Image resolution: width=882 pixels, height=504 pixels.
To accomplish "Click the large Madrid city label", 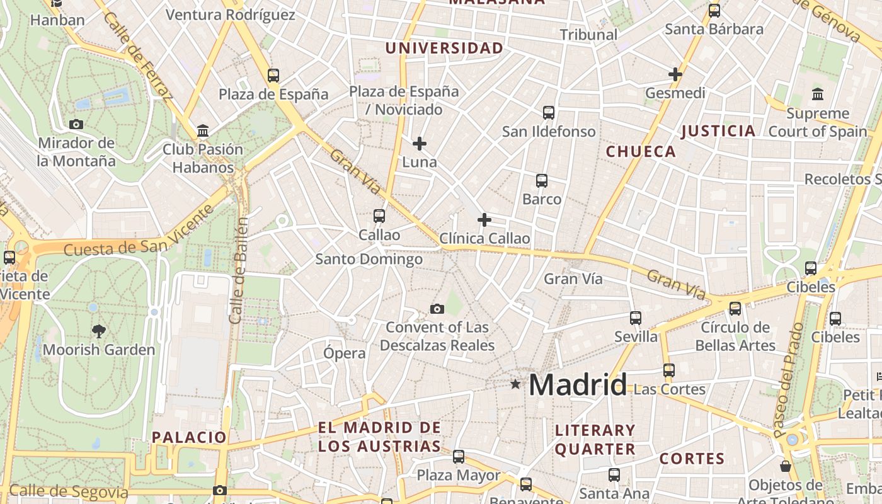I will [x=578, y=384].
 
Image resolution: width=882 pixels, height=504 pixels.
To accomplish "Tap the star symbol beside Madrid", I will [x=515, y=384].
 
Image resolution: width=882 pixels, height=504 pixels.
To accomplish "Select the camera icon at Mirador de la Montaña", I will [x=76, y=124].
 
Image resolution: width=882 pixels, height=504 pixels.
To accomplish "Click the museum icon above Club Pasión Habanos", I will [x=203, y=130].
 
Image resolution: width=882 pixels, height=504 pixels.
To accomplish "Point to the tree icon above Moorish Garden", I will [x=98, y=331].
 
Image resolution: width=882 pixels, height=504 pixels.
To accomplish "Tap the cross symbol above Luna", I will [x=419, y=144].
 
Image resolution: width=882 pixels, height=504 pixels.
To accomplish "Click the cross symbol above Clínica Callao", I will [x=484, y=220].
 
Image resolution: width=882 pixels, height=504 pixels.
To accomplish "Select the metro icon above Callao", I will [x=379, y=216].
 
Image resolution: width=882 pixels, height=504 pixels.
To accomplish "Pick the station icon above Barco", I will [x=541, y=181].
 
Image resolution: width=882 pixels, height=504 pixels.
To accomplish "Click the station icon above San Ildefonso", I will [x=549, y=113].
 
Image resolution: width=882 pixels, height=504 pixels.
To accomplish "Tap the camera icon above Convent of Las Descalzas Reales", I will [x=437, y=309].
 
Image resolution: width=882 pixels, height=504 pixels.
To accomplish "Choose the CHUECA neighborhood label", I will [x=641, y=152].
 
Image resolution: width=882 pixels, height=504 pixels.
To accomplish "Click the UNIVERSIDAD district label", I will [x=444, y=49].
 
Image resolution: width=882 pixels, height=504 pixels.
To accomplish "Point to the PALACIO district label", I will [x=188, y=437].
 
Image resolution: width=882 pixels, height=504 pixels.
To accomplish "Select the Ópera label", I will [x=344, y=353].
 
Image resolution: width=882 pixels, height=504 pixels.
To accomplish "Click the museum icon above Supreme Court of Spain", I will [x=818, y=94].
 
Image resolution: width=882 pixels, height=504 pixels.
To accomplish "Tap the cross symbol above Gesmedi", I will [x=675, y=74].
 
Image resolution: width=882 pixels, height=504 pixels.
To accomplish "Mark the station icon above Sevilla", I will [x=636, y=318].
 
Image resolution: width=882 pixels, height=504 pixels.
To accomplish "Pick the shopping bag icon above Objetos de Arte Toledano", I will [x=785, y=466].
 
